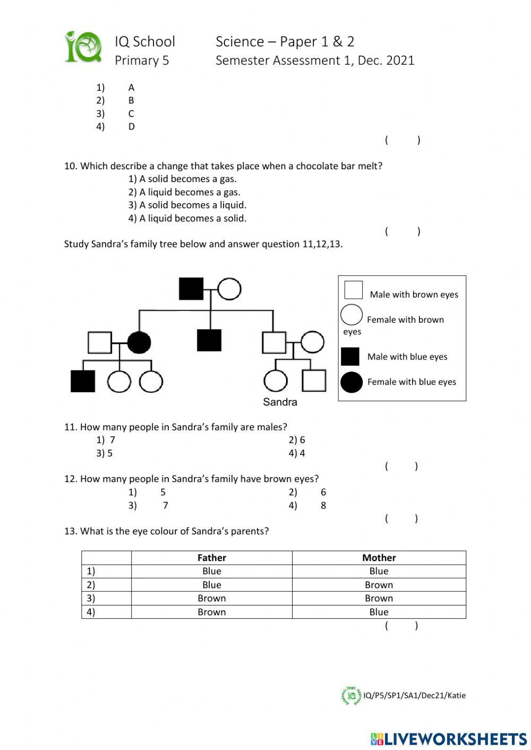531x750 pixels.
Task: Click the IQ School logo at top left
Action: tap(83, 47)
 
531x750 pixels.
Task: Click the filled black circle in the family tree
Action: tap(139, 342)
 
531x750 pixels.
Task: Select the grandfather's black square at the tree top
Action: tap(191, 289)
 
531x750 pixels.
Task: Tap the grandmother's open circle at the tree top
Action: tap(229, 289)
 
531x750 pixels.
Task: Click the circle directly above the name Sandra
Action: tap(276, 381)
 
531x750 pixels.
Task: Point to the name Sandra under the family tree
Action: tap(280, 402)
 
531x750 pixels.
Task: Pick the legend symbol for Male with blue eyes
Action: tap(350, 356)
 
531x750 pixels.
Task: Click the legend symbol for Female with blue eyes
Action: tap(351, 382)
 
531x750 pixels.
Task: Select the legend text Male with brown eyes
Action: tap(414, 295)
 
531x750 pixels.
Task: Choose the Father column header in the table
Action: tap(211, 558)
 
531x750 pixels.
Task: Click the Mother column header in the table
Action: tap(379, 558)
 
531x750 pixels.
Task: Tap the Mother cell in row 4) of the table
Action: tap(379, 612)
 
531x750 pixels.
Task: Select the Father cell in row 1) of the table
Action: tap(211, 571)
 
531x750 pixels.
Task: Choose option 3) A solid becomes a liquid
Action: tap(187, 205)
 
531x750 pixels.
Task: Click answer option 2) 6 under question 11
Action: tap(297, 440)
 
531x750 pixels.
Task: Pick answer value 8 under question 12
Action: tap(323, 505)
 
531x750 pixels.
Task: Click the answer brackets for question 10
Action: tap(402, 231)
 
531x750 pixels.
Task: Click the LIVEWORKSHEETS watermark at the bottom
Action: tap(449, 739)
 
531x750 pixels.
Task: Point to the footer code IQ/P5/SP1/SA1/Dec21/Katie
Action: tap(414, 695)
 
